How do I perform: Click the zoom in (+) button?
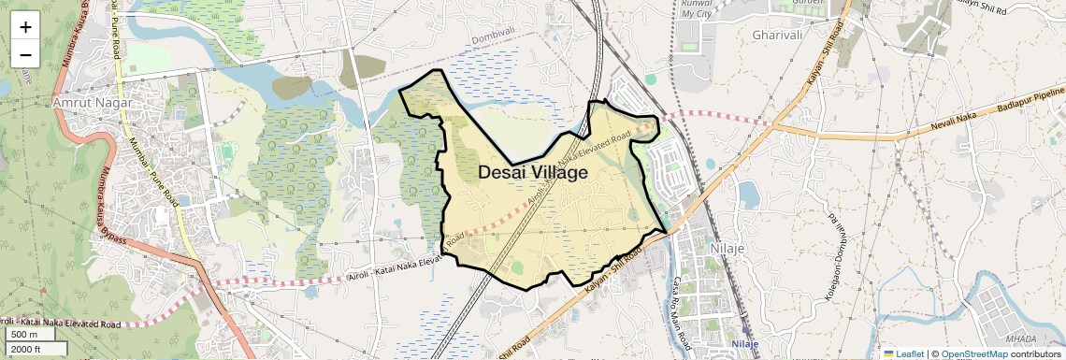pyautogui.click(x=25, y=26)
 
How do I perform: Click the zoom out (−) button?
pyautogui.click(x=25, y=54)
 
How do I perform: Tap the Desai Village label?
pyautogui.click(x=533, y=173)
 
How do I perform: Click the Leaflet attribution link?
pyautogui.click(x=903, y=353)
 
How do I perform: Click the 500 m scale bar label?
pyautogui.click(x=23, y=335)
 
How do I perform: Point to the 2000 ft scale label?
pyautogui.click(x=26, y=349)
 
